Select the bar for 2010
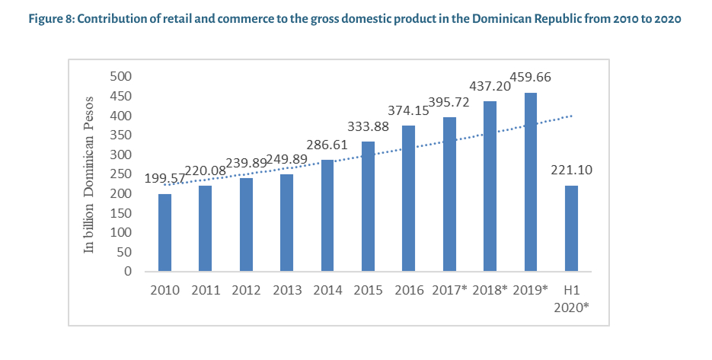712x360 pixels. pos(164,232)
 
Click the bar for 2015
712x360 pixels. pos(368,206)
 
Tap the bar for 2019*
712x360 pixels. pos(531,182)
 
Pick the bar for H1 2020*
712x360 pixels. pos(571,228)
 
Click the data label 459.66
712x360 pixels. pos(530,78)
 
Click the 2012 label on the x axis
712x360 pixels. pos(245,291)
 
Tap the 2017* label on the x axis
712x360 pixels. pos(450,291)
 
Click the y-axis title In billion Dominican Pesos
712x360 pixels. pos(89,174)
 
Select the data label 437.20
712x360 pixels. pos(490,86)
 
